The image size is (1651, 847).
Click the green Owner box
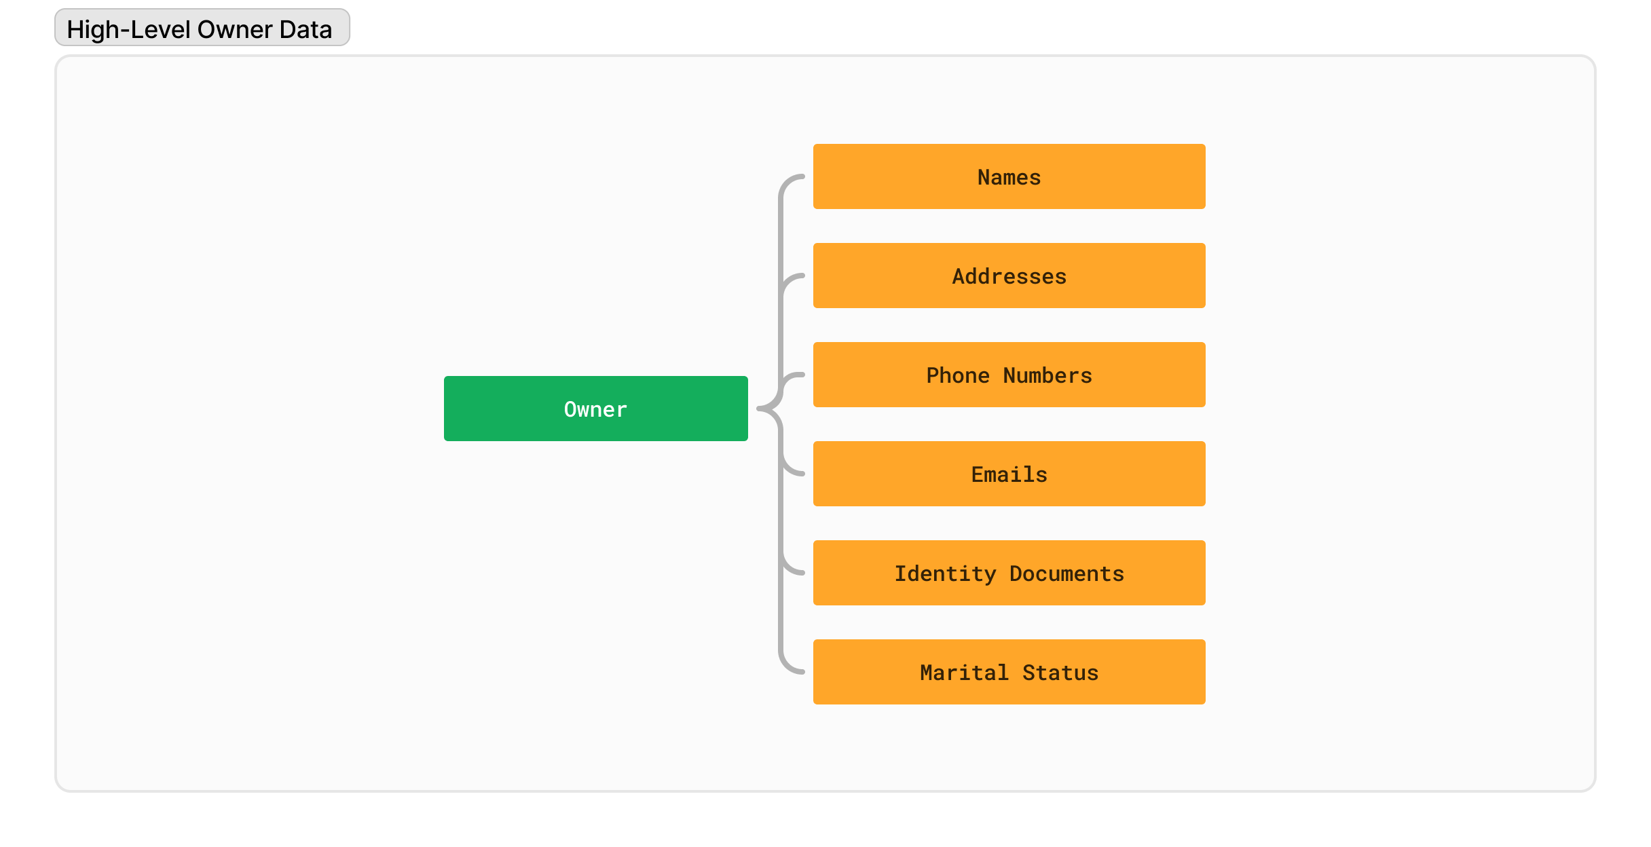click(595, 409)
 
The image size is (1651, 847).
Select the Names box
click(1009, 176)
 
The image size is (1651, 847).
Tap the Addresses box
click(1009, 276)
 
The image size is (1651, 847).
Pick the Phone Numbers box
click(1009, 375)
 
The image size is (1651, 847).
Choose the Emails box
click(1009, 474)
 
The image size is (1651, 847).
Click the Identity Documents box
click(1009, 573)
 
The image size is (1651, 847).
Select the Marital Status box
click(1009, 672)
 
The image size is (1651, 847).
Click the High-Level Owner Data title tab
click(202, 28)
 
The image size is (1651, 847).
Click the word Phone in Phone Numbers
click(958, 375)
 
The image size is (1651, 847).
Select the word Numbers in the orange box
click(1047, 375)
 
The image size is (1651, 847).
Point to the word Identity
click(945, 574)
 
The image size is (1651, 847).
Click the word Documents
click(1066, 573)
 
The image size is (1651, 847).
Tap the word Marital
click(964, 673)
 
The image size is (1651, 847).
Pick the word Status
click(1060, 673)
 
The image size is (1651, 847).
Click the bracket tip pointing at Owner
click(759, 409)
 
